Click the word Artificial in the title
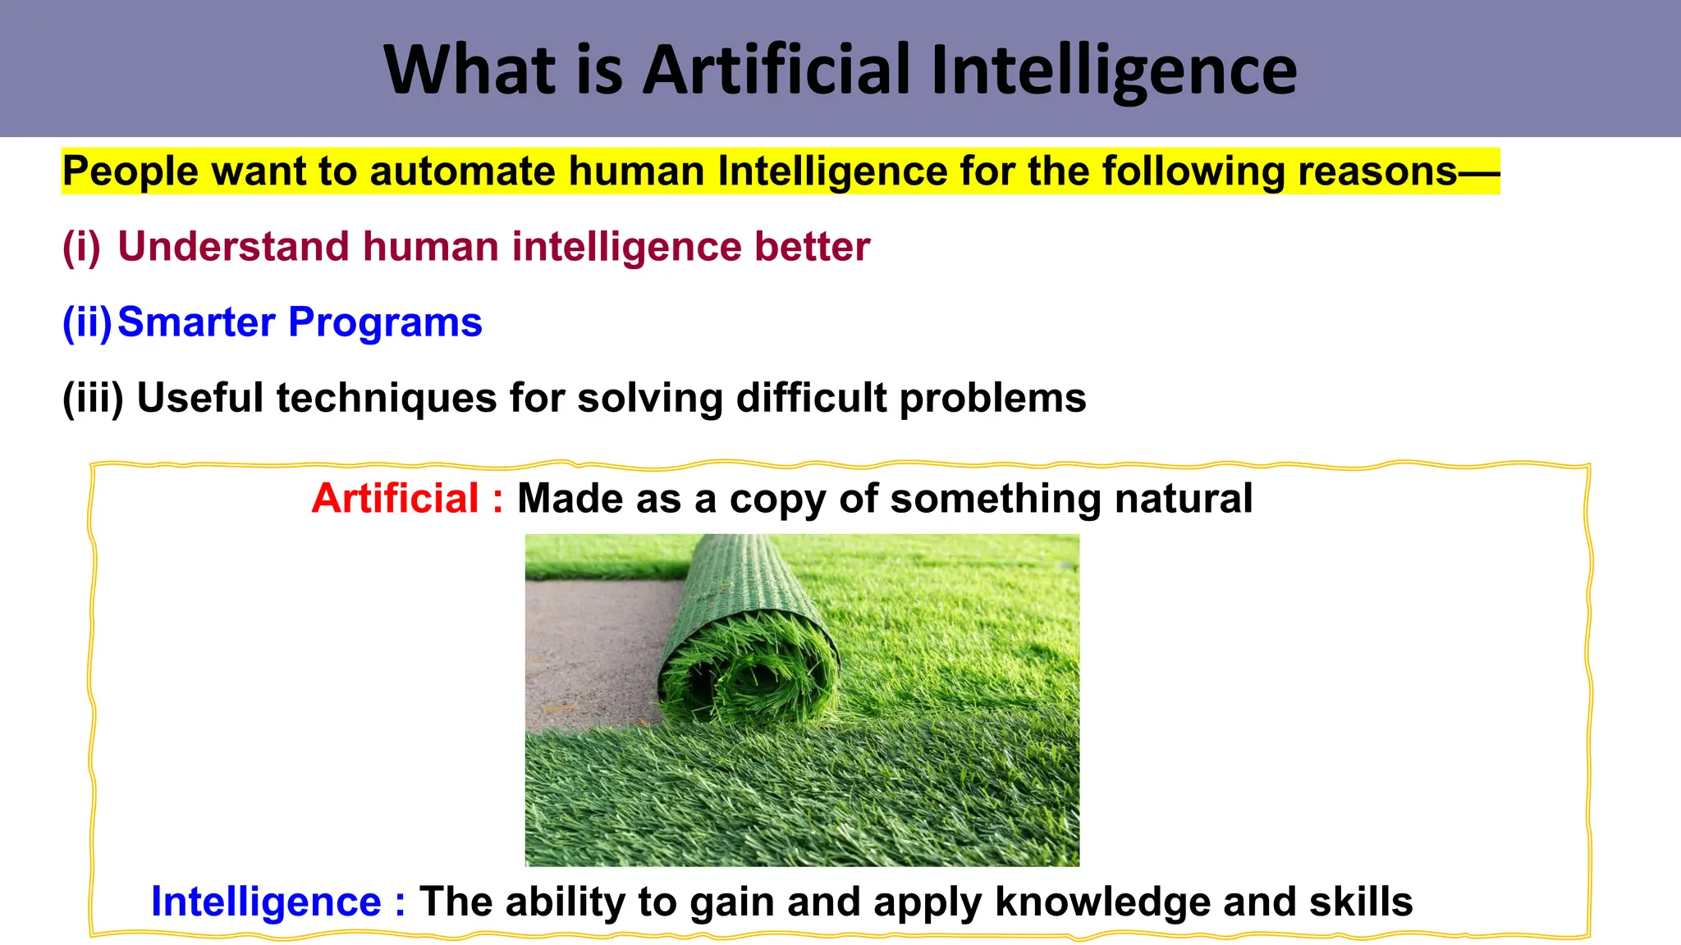776,70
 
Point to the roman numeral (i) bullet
81,247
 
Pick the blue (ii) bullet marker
86,322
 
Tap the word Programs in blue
385,322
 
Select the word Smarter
196,322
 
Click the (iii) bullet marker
93,398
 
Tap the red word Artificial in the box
396,499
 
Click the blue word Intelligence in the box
266,902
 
